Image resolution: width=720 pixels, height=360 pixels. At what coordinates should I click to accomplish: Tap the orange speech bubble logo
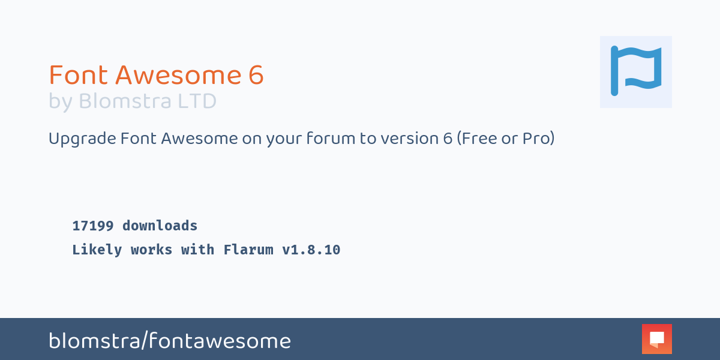tap(656, 339)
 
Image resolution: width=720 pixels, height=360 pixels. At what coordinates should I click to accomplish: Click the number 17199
tap(93, 226)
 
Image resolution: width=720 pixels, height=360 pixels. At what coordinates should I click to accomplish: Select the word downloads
tap(160, 226)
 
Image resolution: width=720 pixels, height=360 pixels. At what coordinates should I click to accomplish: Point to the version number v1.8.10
tap(311, 250)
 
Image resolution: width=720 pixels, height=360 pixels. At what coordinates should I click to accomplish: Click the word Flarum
tap(248, 250)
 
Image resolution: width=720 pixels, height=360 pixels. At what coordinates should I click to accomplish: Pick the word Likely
tap(97, 250)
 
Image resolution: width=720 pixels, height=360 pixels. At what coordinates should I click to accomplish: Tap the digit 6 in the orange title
tap(256, 75)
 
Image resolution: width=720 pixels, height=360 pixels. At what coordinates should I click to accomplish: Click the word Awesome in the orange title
tap(178, 75)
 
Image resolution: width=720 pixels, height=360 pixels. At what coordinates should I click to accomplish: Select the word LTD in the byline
tap(197, 101)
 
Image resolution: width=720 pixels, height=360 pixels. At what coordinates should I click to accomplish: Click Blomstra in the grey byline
tap(125, 101)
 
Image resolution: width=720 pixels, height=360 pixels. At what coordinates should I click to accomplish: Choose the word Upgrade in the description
tap(82, 139)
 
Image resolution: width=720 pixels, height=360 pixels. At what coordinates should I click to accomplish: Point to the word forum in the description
tap(331, 139)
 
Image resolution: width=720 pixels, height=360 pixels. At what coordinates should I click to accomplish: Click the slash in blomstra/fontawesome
tap(145, 340)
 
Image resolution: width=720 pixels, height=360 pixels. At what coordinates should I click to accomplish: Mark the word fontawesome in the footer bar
tap(220, 340)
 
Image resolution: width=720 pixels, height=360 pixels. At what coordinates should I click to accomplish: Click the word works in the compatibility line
tap(151, 250)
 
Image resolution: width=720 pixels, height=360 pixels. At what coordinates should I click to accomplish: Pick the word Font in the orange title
tap(78, 75)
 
